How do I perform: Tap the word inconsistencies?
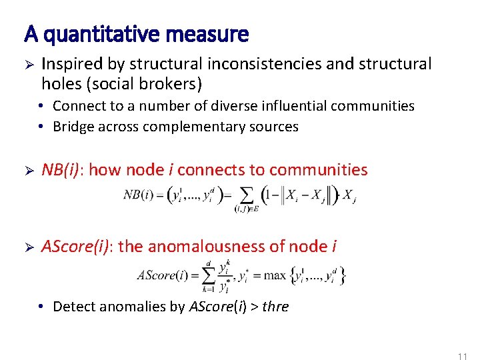click(259, 64)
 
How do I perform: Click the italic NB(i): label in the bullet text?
click(62, 170)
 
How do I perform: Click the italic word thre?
click(275, 307)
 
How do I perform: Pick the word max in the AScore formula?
click(274, 275)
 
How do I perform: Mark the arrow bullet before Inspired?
click(29, 65)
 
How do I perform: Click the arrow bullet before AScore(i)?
click(29, 247)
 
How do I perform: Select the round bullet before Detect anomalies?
click(41, 307)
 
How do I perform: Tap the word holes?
click(59, 84)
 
